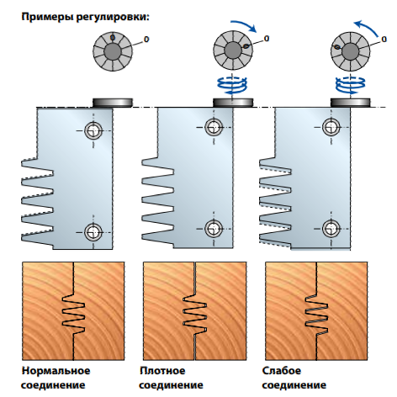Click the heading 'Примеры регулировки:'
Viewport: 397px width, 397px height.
pos(86,17)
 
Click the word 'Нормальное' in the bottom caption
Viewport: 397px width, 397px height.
pos(56,371)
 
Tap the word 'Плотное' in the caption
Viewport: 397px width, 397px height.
pos(162,371)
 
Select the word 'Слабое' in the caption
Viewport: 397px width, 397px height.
pos(282,371)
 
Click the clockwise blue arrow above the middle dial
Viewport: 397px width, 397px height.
pos(245,24)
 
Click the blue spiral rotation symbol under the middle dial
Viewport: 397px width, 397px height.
pos(232,86)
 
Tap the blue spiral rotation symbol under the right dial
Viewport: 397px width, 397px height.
pos(350,86)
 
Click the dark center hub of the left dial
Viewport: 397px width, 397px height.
pos(113,51)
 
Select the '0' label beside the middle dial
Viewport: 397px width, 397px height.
pos(267,39)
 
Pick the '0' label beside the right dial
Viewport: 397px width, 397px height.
pos(384,39)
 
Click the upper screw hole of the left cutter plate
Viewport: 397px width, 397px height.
pos(93,130)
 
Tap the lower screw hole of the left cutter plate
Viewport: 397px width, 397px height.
pos(93,232)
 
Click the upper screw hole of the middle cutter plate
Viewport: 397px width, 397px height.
pos(214,127)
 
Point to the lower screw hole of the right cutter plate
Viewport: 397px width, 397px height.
pos(331,229)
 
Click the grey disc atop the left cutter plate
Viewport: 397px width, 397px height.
pos(113,103)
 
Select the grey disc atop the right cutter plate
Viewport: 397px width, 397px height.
pos(350,103)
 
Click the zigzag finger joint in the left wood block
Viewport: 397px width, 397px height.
pos(73,314)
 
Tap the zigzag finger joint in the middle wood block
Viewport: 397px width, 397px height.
pos(195,314)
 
